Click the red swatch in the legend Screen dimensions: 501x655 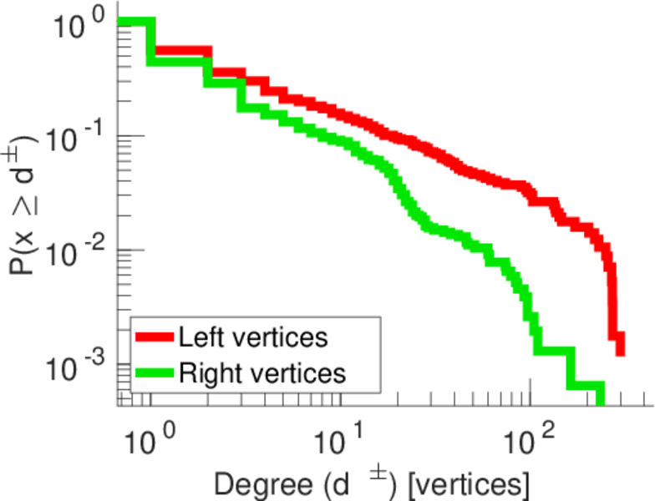[155, 338]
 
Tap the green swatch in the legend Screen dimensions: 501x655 [155, 373]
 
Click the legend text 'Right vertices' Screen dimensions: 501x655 [261, 373]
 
